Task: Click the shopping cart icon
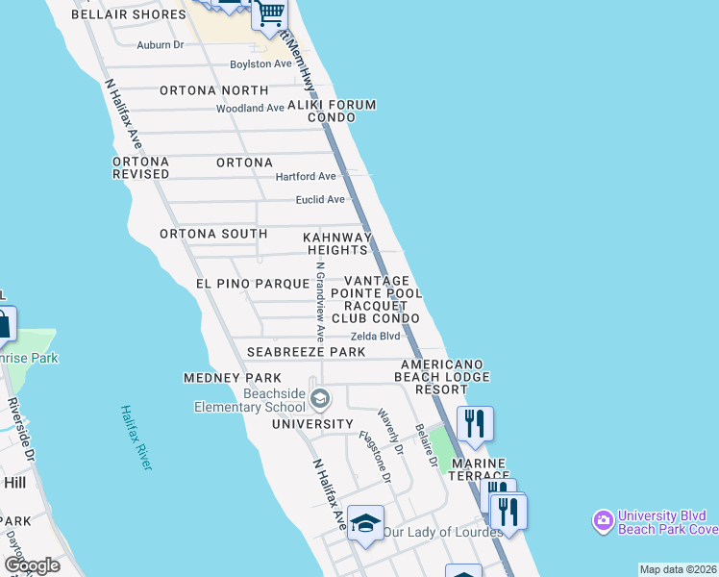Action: pyautogui.click(x=271, y=13)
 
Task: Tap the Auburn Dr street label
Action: pyautogui.click(x=160, y=44)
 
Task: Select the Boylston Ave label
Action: pyautogui.click(x=260, y=64)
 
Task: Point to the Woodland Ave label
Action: pyautogui.click(x=250, y=108)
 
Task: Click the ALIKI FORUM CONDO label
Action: pyautogui.click(x=341, y=111)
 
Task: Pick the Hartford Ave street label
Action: pyautogui.click(x=306, y=177)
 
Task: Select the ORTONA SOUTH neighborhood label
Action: pyautogui.click(x=213, y=234)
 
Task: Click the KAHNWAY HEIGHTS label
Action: pyautogui.click(x=337, y=243)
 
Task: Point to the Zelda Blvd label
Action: pyautogui.click(x=375, y=336)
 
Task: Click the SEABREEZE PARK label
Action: pyautogui.click(x=306, y=352)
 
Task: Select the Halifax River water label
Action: pyautogui.click(x=136, y=438)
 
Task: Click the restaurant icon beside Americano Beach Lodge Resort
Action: pyautogui.click(x=475, y=423)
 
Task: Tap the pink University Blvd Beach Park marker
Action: pyautogui.click(x=604, y=521)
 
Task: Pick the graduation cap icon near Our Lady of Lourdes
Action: pyautogui.click(x=365, y=523)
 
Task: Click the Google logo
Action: pyautogui.click(x=32, y=564)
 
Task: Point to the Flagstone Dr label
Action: pyautogui.click(x=375, y=457)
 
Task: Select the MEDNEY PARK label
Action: pyautogui.click(x=233, y=378)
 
